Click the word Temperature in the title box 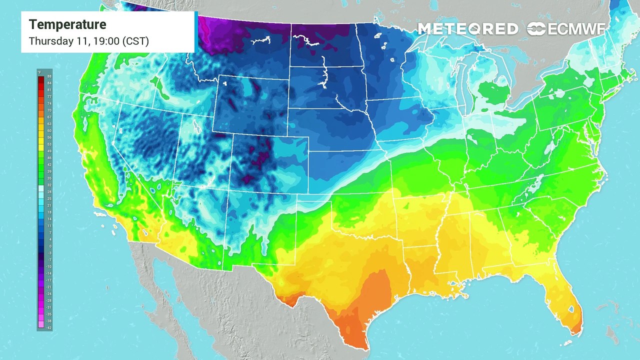(x=67, y=24)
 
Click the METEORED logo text (x=467, y=29)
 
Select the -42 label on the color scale (x=49, y=328)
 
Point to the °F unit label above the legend (x=39, y=72)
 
